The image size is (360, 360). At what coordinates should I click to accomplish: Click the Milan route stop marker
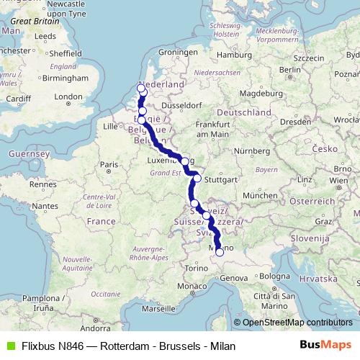220,252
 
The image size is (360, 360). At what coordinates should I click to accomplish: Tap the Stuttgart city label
216,179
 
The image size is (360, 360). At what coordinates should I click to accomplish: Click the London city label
69,96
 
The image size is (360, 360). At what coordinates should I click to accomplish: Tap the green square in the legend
9,346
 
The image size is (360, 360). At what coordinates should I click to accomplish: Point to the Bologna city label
274,276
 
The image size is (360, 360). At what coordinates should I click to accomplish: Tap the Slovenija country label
310,237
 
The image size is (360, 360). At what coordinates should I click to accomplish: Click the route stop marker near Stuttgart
197,178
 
